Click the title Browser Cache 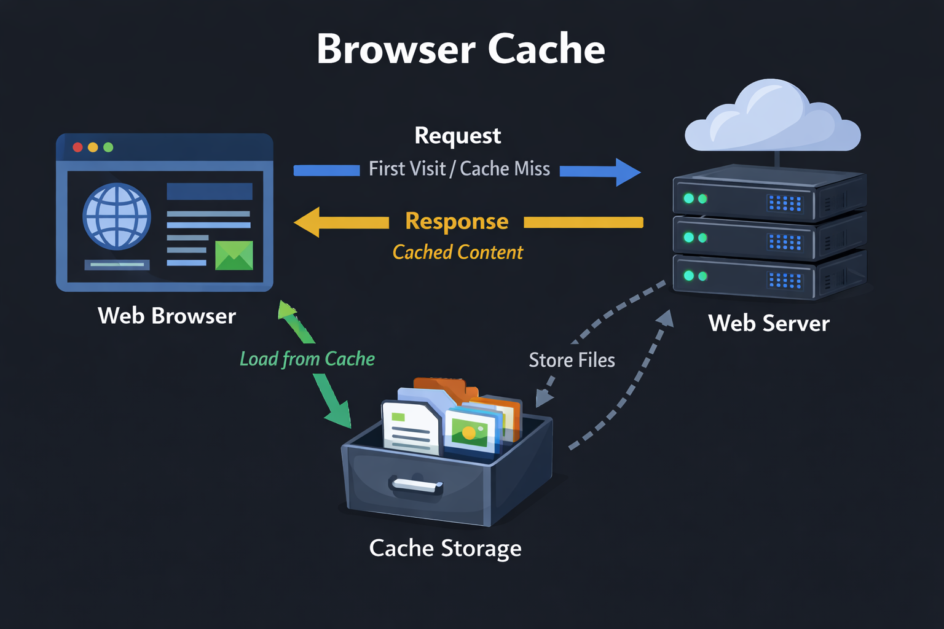460,49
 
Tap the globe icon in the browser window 117,216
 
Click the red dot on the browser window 78,147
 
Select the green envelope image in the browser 234,256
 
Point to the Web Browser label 167,316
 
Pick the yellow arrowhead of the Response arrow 308,222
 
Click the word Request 457,136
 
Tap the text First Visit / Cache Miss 459,169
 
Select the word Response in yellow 457,221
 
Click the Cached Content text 457,252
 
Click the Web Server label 768,323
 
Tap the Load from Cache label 307,359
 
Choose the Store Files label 572,360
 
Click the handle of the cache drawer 417,486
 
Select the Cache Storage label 445,548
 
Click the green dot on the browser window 109,147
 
